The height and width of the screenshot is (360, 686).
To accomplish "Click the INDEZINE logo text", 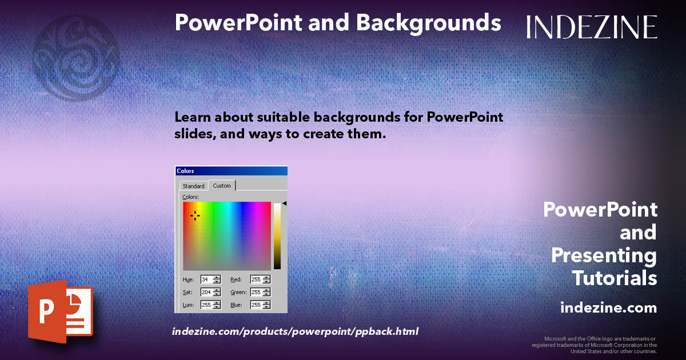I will coord(592,27).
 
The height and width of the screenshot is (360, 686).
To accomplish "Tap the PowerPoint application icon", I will coord(60,312).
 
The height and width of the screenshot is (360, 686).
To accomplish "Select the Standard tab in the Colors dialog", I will coord(193,186).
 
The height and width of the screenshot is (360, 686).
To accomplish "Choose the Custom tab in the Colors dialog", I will coord(222,186).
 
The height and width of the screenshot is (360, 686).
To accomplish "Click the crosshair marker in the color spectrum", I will coord(194,215).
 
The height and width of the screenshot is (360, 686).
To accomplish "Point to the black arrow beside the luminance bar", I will coord(284,203).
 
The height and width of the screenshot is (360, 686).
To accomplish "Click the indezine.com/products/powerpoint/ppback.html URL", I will coord(295,331).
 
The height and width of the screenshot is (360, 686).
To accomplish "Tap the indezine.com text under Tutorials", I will coord(608,308).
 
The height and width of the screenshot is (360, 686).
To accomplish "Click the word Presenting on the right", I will coord(604,255).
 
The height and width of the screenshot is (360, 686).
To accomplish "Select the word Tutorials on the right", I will coord(614,279).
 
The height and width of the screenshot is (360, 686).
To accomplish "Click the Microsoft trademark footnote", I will coord(594,345).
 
